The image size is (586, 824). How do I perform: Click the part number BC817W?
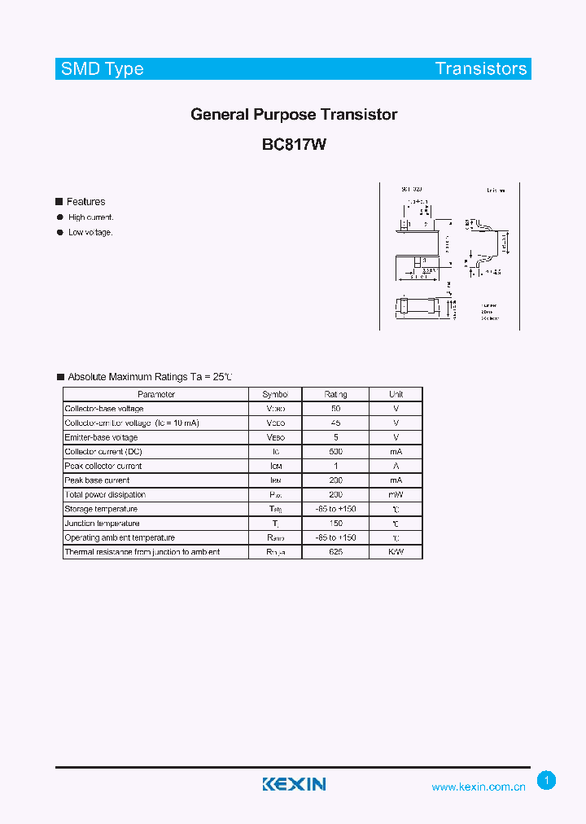coord(294,145)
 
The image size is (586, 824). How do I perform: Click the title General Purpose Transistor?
coord(294,115)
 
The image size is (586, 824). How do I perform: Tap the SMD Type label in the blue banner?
coord(103,69)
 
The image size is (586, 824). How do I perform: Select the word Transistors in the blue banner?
coord(481,69)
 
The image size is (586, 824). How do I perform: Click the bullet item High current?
coord(91,217)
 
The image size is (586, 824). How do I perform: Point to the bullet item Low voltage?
coord(90,232)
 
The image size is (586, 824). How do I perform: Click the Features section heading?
coord(85,202)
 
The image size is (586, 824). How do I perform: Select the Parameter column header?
coord(156,394)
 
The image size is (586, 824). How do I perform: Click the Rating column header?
coord(335,394)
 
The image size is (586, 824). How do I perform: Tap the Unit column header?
coord(396,394)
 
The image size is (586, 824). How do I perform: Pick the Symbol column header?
coord(275,394)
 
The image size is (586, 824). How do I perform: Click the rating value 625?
coord(335,552)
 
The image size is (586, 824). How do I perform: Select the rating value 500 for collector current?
coord(335,452)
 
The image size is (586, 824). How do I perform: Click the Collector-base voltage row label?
coord(104,409)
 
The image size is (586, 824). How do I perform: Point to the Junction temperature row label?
coord(102,524)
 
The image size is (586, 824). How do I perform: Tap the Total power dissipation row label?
coord(105,495)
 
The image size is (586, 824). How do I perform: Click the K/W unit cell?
coord(396,552)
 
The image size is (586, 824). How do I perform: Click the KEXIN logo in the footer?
coord(294,784)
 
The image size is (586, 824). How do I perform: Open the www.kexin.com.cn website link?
coord(479,787)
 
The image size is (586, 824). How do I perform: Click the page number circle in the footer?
coord(547,781)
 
